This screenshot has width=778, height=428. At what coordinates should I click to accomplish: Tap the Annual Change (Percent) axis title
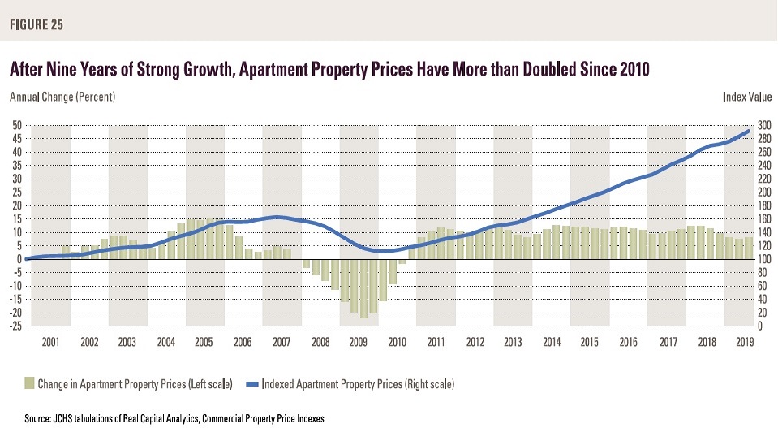point(62,97)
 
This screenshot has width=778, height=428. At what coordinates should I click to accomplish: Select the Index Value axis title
point(746,97)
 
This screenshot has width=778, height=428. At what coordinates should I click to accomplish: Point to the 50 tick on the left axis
point(15,125)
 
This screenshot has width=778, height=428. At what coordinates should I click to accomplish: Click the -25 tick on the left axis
point(14,326)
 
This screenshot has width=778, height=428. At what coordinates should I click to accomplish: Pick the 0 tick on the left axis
point(18,259)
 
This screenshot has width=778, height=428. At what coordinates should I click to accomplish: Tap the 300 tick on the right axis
point(765,125)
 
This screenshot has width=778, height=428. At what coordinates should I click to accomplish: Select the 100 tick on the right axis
point(765,259)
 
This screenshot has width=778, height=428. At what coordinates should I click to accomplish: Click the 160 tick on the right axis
point(765,219)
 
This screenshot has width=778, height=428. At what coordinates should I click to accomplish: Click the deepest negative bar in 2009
point(364,288)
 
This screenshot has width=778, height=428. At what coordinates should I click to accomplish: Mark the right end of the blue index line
point(747,132)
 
